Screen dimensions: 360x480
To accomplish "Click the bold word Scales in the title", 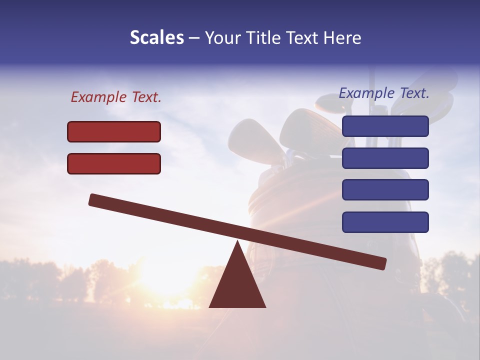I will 156,38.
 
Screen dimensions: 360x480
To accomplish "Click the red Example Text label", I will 116,97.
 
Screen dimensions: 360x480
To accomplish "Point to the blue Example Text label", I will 384,93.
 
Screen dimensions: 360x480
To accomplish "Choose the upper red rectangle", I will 114,131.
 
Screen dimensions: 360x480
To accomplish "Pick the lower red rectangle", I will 114,163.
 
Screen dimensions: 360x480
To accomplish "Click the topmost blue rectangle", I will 385,126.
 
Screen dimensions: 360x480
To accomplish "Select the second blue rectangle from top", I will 385,158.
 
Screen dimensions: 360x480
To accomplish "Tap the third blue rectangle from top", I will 385,190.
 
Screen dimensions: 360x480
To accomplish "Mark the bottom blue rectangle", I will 385,222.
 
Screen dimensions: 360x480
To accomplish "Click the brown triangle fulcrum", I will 237,285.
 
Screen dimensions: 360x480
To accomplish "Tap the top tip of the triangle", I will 237,243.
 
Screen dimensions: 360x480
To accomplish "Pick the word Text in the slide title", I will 304,38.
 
